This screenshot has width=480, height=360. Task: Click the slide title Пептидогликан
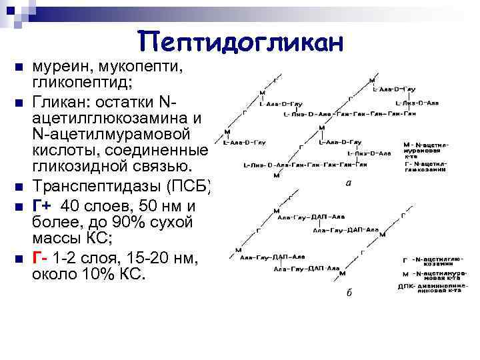(241, 41)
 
